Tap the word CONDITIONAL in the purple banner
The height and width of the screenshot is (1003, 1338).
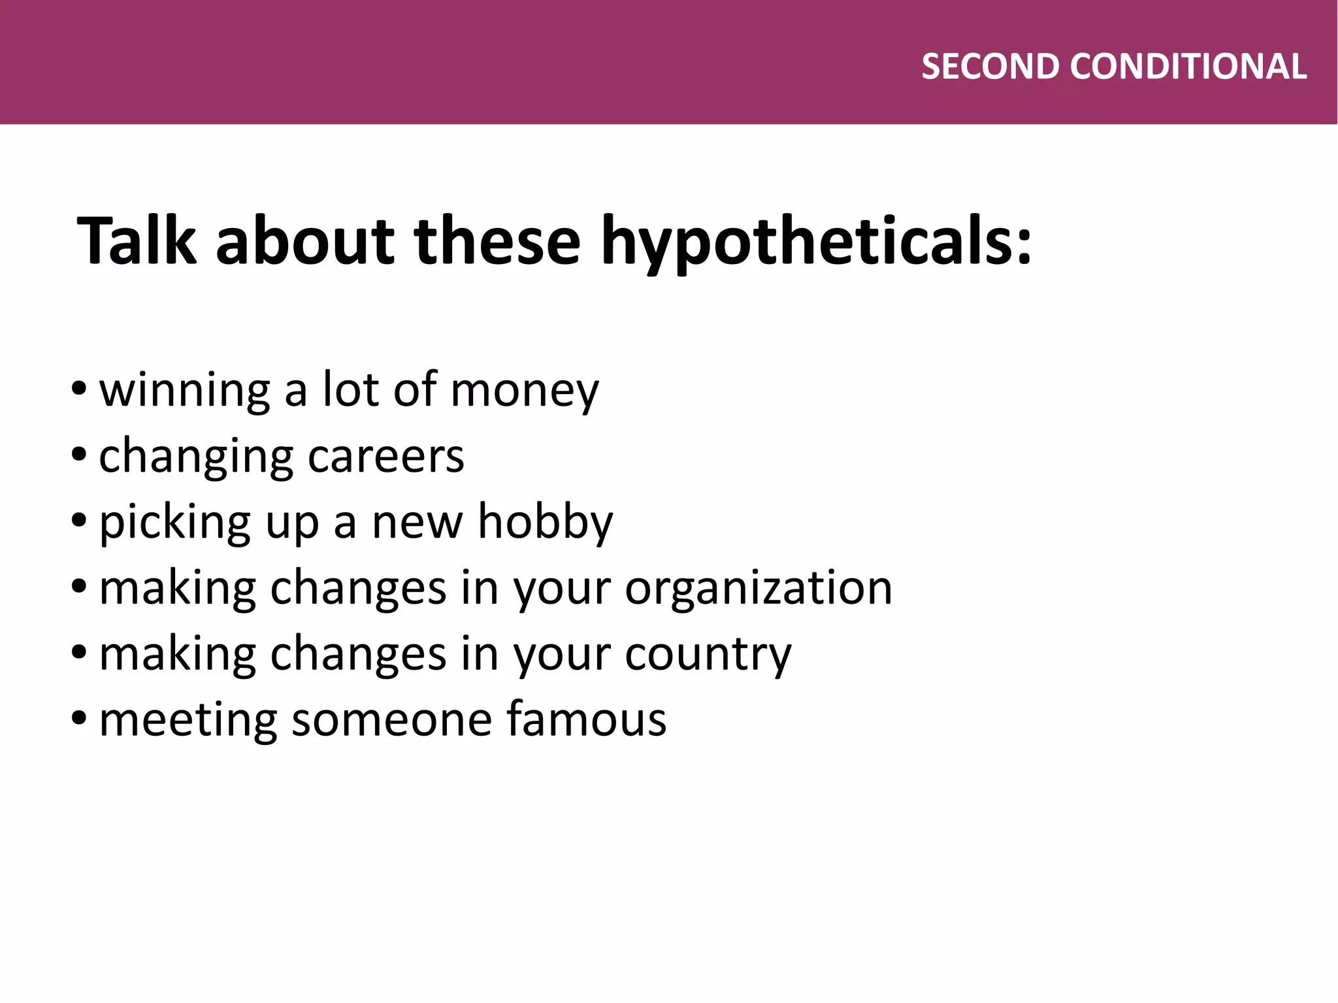(1188, 67)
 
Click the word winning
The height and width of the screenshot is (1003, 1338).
(184, 390)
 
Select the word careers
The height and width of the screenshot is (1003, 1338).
(385, 456)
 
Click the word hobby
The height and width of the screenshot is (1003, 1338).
(546, 523)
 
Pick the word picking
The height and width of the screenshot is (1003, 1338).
(175, 523)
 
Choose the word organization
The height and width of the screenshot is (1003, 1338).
(759, 588)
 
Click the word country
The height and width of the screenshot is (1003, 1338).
(708, 654)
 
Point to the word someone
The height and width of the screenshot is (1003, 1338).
(391, 719)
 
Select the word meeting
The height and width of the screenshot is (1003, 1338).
(188, 719)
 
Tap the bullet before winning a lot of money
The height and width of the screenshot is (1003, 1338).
(79, 388)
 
